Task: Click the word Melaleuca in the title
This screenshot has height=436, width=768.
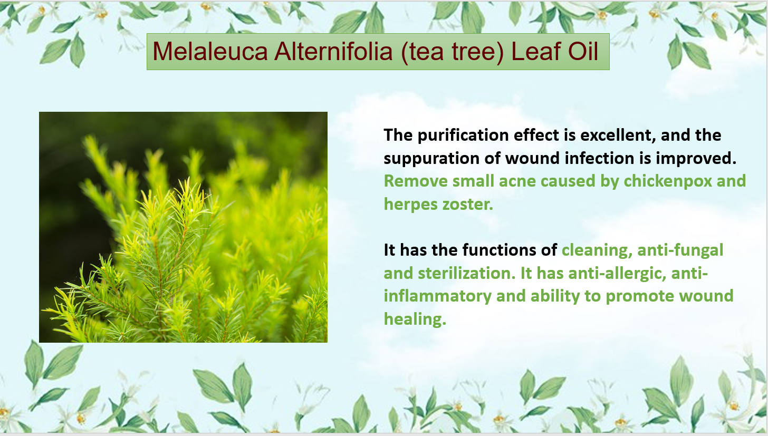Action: click(210, 52)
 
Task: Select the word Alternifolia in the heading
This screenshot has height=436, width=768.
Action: click(333, 52)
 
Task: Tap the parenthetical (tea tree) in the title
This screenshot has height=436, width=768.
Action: click(452, 52)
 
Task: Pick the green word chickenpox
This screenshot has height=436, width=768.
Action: click(668, 181)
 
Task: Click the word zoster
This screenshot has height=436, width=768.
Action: click(468, 204)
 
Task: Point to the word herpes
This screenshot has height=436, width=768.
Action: click(411, 205)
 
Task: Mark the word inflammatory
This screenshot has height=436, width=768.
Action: click(437, 296)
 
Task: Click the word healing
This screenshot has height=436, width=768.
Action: click(415, 319)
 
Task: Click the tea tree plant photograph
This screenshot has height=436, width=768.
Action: click(183, 227)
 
